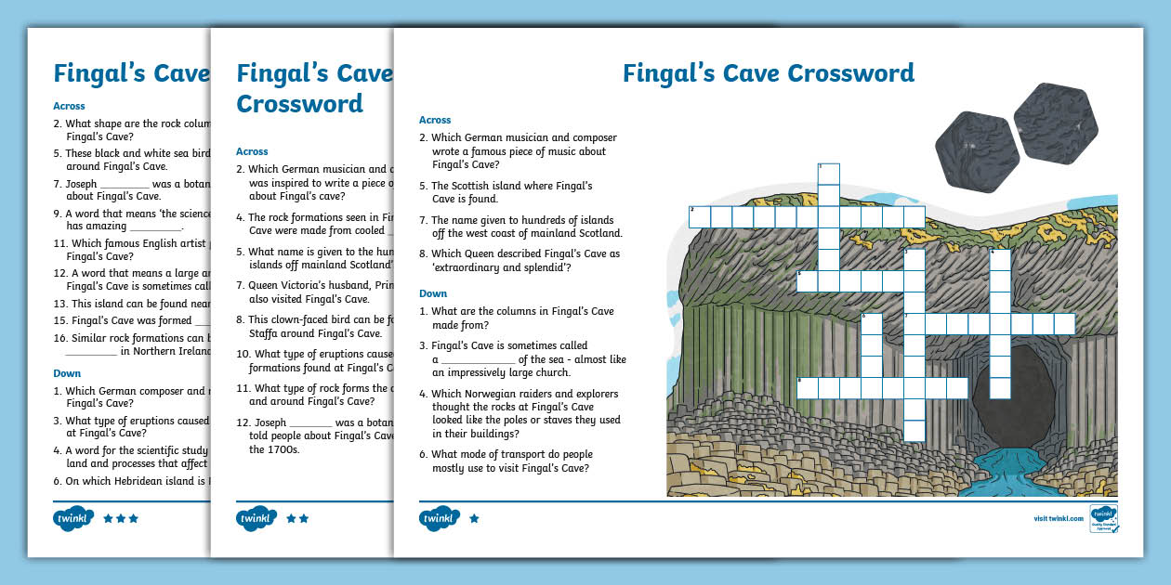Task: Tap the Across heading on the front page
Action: click(435, 120)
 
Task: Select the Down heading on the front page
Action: click(433, 293)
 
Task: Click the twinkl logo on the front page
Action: click(440, 518)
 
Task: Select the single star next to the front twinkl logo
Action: click(474, 518)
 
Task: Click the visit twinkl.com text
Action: click(1059, 518)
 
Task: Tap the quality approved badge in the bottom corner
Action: click(1103, 518)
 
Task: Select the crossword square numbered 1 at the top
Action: click(828, 174)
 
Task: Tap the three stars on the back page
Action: click(121, 518)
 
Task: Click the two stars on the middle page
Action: click(297, 518)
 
